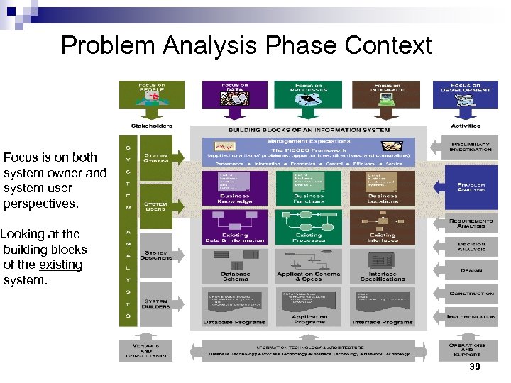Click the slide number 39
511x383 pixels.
tap(475, 366)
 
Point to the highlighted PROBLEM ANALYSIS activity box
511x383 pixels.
tap(471, 188)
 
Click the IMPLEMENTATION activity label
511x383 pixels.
tap(471, 317)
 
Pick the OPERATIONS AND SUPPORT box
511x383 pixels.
tap(467, 349)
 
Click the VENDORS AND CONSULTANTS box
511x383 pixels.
tap(145, 349)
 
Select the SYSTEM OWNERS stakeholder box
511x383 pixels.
tap(156, 157)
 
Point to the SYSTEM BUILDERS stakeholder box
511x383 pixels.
tap(156, 305)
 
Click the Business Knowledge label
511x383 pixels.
tap(236, 199)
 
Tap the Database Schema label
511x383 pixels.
tap(236, 276)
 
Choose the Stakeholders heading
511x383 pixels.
tap(151, 126)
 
